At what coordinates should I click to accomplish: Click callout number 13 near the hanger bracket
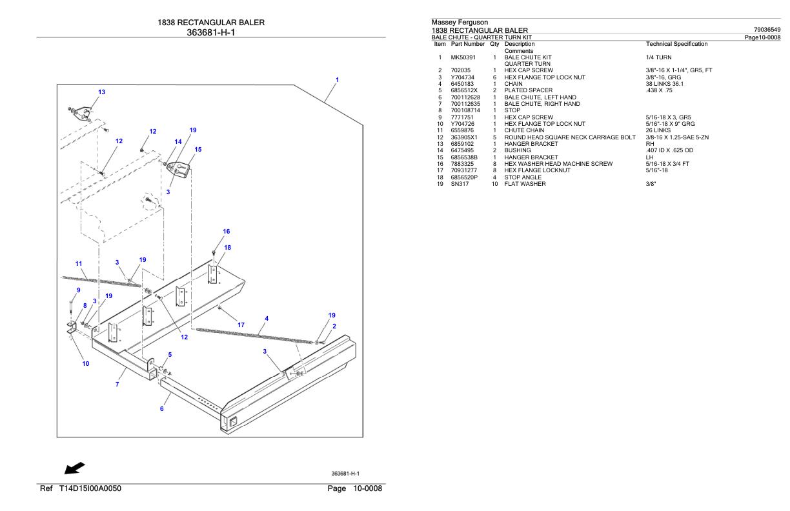tap(102, 92)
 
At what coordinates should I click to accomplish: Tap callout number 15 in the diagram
tap(198, 150)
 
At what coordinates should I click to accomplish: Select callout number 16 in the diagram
tap(227, 231)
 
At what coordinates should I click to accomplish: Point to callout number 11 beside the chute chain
tap(79, 263)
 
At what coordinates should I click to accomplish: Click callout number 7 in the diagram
tap(117, 385)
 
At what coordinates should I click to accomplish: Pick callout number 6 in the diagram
tap(162, 408)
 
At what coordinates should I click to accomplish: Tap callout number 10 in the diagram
tap(86, 363)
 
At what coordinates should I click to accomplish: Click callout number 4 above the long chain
tap(267, 318)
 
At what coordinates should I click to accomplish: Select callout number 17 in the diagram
tap(241, 325)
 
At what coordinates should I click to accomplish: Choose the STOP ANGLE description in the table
tap(523, 177)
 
